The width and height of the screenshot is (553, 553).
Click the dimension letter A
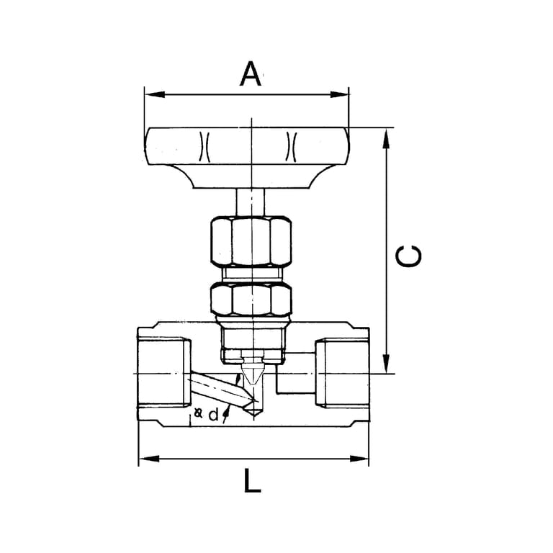[x=251, y=74]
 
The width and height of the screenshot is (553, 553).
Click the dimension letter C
[x=408, y=256]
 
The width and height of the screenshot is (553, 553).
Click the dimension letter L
[x=252, y=481]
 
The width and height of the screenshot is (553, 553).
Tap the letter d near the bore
[x=213, y=415]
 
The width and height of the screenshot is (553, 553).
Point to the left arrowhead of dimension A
[x=155, y=94]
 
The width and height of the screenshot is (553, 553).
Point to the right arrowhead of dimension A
[x=339, y=94]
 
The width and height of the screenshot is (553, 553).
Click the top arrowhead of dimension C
[x=387, y=138]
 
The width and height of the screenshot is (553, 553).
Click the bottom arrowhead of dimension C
[x=387, y=363]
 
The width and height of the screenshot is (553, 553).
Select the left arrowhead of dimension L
[x=149, y=459]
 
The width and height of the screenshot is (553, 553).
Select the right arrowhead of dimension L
[x=359, y=459]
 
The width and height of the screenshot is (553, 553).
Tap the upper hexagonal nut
[x=251, y=241]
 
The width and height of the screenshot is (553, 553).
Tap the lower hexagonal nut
[x=251, y=300]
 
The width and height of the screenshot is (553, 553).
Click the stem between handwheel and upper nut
[x=251, y=202]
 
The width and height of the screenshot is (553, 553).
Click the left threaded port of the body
[x=164, y=373]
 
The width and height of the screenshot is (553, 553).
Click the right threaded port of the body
[x=342, y=373]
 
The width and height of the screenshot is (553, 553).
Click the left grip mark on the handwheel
[x=204, y=146]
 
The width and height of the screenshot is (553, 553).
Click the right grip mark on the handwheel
[x=292, y=146]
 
